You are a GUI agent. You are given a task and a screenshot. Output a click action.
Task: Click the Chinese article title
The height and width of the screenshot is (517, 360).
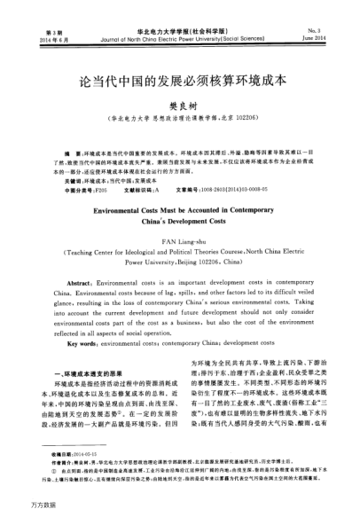tap(179, 77)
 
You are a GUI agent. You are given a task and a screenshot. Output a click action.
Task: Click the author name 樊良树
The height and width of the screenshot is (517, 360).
tap(180, 103)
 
